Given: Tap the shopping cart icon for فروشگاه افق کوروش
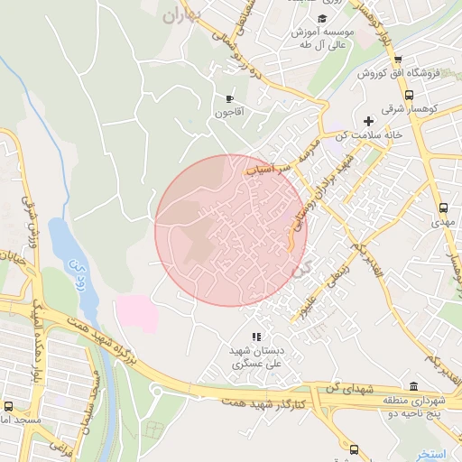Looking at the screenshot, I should tap(399, 60).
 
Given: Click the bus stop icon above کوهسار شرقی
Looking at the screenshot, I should tap(410, 94).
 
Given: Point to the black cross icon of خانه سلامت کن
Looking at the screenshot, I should tap(367, 121).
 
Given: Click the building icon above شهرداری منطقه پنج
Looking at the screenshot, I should tap(414, 383).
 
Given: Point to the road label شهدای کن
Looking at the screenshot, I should tap(346, 388).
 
